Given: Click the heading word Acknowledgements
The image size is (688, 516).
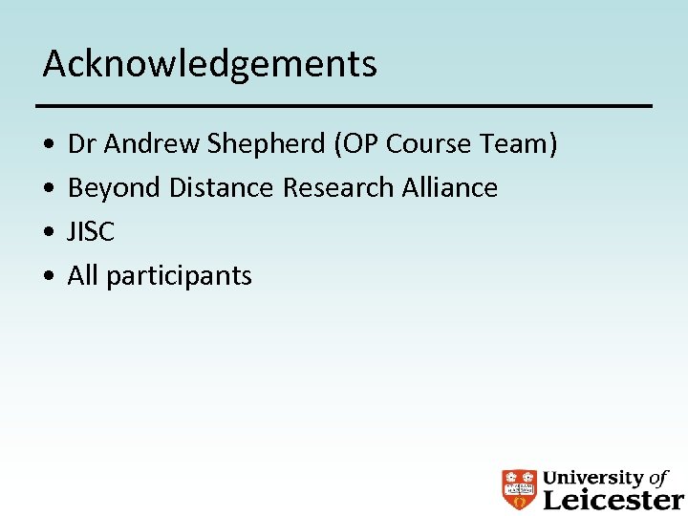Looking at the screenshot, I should pos(209,64).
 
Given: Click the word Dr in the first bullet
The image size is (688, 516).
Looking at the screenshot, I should pos(82,144).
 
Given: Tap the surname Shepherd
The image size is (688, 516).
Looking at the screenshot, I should pos(266,144).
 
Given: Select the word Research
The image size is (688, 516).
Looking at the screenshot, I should pos(337,188).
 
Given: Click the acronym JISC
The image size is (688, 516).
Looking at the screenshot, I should pos(91,232).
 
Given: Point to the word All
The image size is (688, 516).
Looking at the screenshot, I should pos(83,276).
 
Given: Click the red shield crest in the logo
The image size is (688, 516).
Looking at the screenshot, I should pos(520,488).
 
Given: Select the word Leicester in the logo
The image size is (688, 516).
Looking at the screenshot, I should pos(613,499).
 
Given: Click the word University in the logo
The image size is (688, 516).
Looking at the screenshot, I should pos(593,478).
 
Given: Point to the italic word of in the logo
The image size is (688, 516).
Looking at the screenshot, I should pos(658,478).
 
